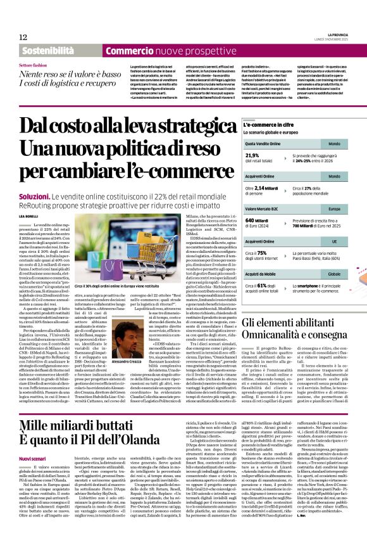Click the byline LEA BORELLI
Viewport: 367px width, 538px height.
point(28,217)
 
